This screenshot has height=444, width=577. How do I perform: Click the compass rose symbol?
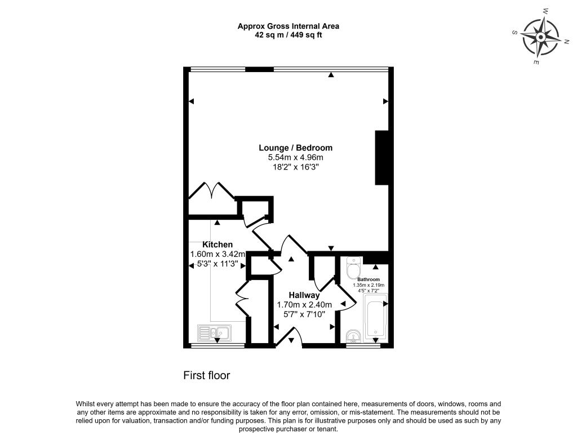coord(540,37)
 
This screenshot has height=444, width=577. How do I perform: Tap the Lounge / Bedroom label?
coord(295,148)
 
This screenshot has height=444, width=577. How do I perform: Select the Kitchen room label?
coord(218,245)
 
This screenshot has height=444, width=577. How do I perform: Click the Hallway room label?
coord(304,295)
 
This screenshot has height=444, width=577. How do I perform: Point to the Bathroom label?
coord(369,279)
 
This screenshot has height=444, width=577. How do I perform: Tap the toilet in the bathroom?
coord(354,268)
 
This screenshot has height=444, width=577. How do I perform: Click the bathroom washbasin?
coord(353,336)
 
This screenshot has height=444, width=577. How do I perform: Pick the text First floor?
coord(207,375)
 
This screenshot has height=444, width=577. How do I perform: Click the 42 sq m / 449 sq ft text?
coord(288,35)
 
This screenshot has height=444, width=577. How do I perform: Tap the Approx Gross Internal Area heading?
coord(288,26)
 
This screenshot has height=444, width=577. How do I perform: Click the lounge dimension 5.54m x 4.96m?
coord(295,158)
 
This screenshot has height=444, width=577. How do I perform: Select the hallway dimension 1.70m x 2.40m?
coord(304,305)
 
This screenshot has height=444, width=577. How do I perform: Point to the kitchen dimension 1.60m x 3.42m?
coord(218,254)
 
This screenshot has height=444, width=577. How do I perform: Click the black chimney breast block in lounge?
coord(382,158)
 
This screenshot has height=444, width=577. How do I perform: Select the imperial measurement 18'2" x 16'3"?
coord(295,167)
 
